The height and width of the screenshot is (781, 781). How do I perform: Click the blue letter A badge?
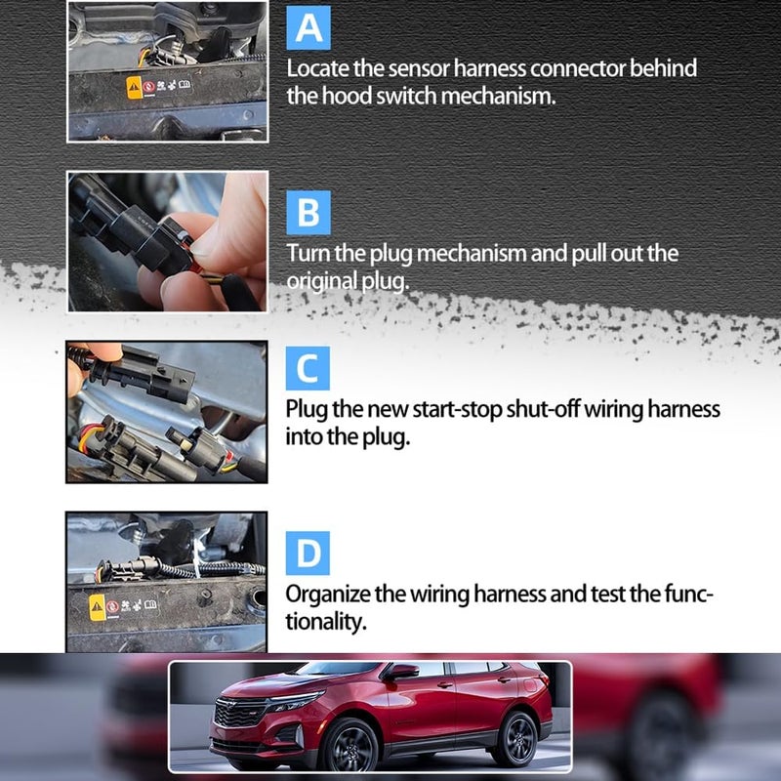pyautogui.click(x=308, y=29)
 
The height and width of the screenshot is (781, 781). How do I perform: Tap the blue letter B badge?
pyautogui.click(x=308, y=212)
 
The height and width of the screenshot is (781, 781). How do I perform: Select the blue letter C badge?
pyautogui.click(x=308, y=369)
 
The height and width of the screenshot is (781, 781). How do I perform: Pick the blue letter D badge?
pyautogui.click(x=308, y=553)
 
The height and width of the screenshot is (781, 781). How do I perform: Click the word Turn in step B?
pyautogui.click(x=308, y=253)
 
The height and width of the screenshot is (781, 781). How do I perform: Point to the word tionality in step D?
pyautogui.click(x=326, y=622)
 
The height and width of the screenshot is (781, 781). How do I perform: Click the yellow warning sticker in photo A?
pyautogui.click(x=135, y=91)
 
